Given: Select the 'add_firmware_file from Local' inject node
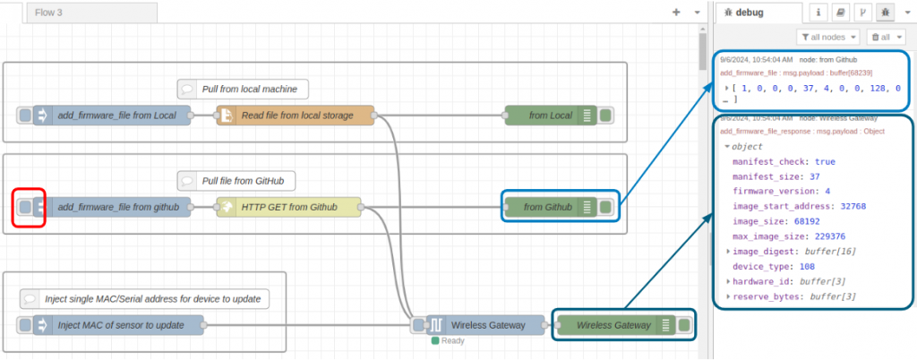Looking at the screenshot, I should pos(116,116).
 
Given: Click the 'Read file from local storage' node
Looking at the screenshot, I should pos(296,116).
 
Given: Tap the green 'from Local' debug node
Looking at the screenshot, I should pos(550,116).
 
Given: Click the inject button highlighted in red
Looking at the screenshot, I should pos(25,207).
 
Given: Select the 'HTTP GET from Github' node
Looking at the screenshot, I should pos(288,207).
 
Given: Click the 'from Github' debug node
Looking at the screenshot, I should pos(547,207).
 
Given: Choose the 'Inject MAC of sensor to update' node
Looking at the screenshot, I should pos(120,324).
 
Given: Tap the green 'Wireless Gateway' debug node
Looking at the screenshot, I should pos(613,325).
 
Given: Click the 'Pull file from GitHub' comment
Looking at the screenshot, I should pos(236,181).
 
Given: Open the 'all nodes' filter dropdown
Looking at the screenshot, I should pos(828,37).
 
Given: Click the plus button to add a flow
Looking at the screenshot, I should pos(676,13).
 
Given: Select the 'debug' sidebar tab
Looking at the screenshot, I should pos(747,12).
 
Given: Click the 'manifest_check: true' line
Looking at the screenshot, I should pos(784,161).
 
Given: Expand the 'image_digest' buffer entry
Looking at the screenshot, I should pos(728,252).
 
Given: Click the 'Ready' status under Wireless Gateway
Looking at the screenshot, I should pos(451,340).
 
